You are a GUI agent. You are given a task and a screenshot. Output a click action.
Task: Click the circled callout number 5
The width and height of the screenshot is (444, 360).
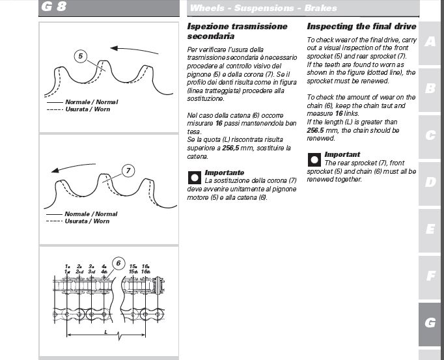click(80, 56)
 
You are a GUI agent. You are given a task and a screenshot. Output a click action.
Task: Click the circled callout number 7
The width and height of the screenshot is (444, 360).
click(128, 171)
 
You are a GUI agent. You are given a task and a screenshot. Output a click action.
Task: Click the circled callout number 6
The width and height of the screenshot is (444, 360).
click(118, 263)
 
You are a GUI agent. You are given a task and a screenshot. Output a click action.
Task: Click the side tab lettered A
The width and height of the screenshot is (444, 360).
click(430, 42)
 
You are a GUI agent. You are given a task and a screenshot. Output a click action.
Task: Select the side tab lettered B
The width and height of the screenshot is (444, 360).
click(430, 89)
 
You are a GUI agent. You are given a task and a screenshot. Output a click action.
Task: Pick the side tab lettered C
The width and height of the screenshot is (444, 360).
click(430, 135)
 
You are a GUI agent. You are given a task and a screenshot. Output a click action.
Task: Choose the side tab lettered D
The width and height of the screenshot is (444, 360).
click(430, 182)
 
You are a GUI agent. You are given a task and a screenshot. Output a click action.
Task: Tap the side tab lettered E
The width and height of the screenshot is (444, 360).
click(430, 229)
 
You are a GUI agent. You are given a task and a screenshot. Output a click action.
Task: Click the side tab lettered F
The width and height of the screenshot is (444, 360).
click(430, 276)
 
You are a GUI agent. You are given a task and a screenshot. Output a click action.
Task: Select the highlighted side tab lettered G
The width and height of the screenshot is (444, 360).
click(430, 323)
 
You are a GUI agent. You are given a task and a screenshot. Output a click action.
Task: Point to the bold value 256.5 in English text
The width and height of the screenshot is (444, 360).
click(316, 130)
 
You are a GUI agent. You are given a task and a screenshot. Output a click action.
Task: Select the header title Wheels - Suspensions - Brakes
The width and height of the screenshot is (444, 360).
click(263, 8)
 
